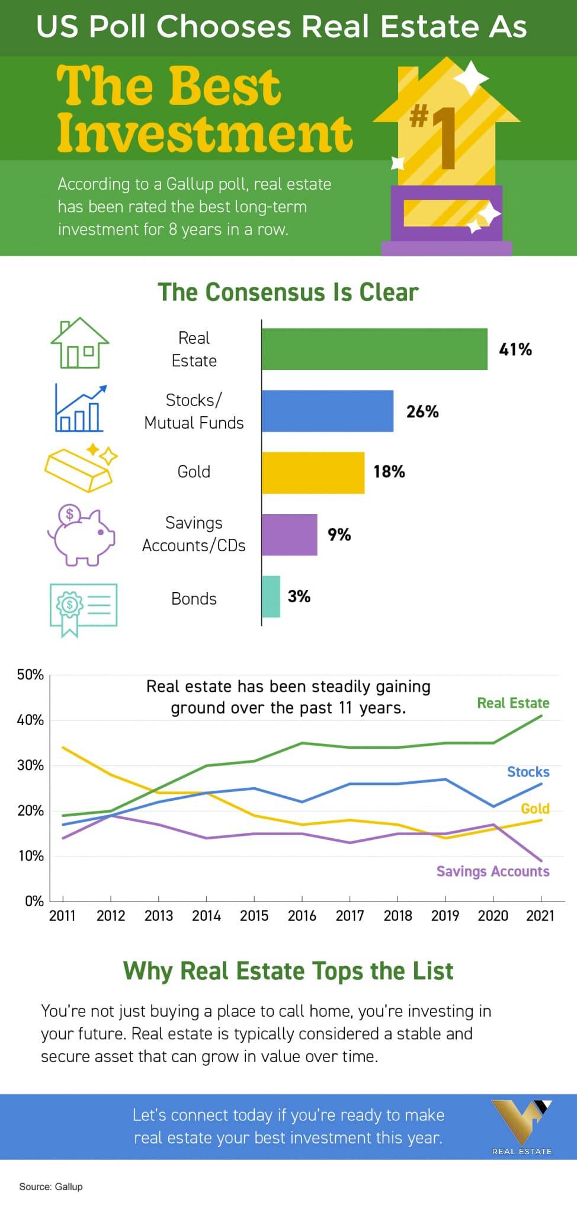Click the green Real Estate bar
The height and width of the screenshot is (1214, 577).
pyautogui.click(x=374, y=349)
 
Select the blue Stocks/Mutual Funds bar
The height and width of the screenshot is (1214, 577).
pyautogui.click(x=328, y=411)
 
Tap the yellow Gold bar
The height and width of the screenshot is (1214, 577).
pyautogui.click(x=313, y=472)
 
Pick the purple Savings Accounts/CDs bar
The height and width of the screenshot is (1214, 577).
pyautogui.click(x=290, y=535)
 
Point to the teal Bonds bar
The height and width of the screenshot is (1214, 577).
pyautogui.click(x=271, y=596)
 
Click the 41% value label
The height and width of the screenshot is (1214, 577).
pyautogui.click(x=515, y=350)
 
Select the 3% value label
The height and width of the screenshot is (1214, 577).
pyautogui.click(x=299, y=596)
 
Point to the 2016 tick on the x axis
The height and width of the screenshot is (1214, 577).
pyautogui.click(x=302, y=916)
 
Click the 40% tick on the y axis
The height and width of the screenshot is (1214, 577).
pyautogui.click(x=30, y=720)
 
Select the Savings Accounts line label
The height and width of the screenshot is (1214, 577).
pyautogui.click(x=492, y=871)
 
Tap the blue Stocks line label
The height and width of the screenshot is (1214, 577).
pyautogui.click(x=528, y=772)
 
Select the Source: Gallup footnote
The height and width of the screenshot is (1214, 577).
pyautogui.click(x=51, y=1187)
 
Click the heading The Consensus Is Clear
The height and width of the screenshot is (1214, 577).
pyautogui.click(x=288, y=292)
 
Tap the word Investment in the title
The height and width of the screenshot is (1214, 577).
pyautogui.click(x=205, y=133)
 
